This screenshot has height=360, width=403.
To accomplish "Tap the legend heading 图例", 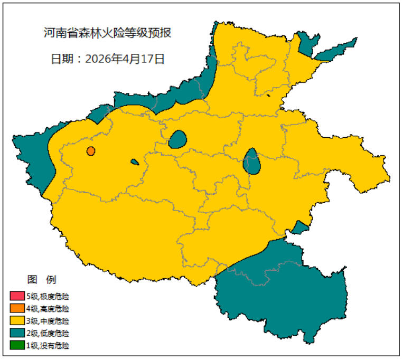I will pyautogui.click(x=41, y=279).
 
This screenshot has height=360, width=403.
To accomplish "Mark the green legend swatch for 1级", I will pyautogui.click(x=17, y=346).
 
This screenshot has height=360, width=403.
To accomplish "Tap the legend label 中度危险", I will pyautogui.click(x=54, y=321).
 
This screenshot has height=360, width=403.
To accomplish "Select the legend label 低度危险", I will pyautogui.click(x=54, y=334).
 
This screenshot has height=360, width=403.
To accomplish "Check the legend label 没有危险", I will pyautogui.click(x=54, y=346).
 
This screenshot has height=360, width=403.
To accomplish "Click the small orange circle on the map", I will pyautogui.click(x=91, y=151).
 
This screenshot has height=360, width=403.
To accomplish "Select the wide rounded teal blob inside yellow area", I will pyautogui.click(x=177, y=139).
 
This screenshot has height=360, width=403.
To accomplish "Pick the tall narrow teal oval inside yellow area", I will pyautogui.click(x=252, y=162).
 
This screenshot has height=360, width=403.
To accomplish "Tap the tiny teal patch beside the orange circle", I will pyautogui.click(x=135, y=162).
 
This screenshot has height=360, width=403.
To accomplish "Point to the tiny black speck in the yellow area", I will pyautogui.click(x=268, y=96).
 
